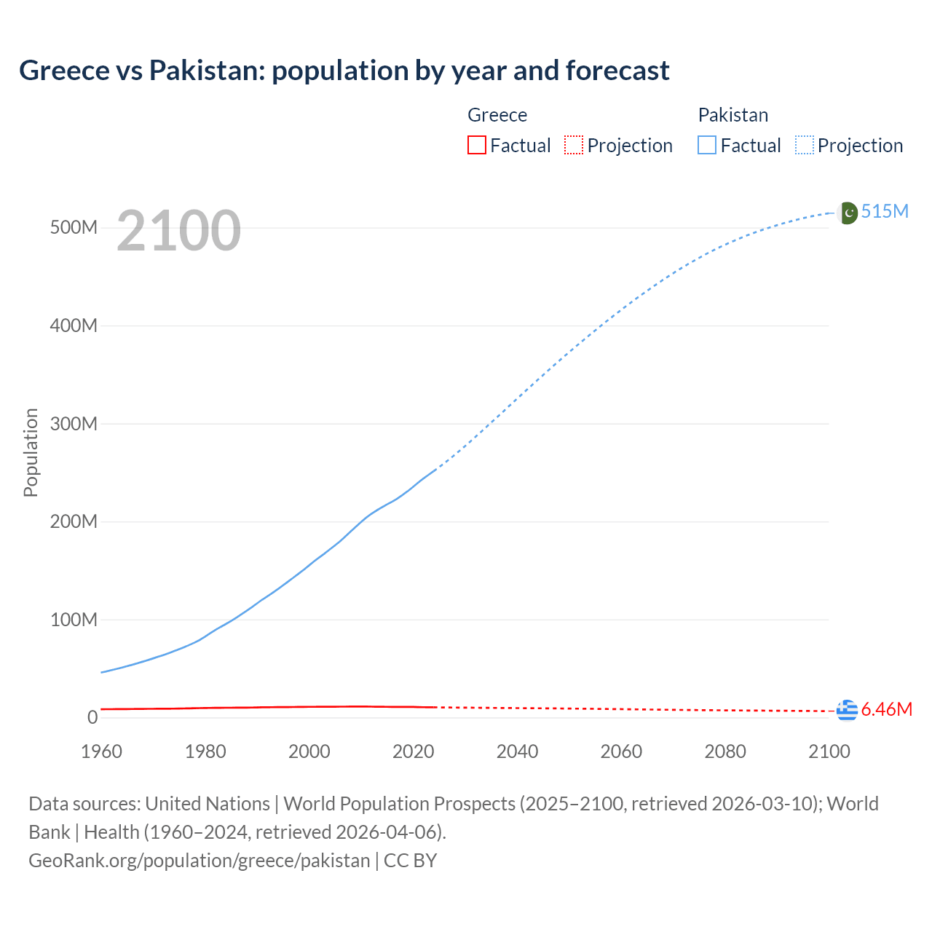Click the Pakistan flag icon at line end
(848, 213)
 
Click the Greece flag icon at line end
(847, 710)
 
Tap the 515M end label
(885, 211)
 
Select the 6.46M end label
(886, 709)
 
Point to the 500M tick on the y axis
(74, 227)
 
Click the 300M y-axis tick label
(74, 424)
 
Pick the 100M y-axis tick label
(74, 620)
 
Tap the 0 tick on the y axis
(92, 717)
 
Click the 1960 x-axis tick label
(102, 751)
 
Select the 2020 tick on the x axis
(413, 751)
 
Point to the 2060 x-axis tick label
(621, 751)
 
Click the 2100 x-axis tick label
(829, 751)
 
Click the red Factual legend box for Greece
(476, 145)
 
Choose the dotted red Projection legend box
(574, 145)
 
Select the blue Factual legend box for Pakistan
(706, 145)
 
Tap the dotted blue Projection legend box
(805, 145)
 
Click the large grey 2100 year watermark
(178, 231)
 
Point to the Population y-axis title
(31, 452)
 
